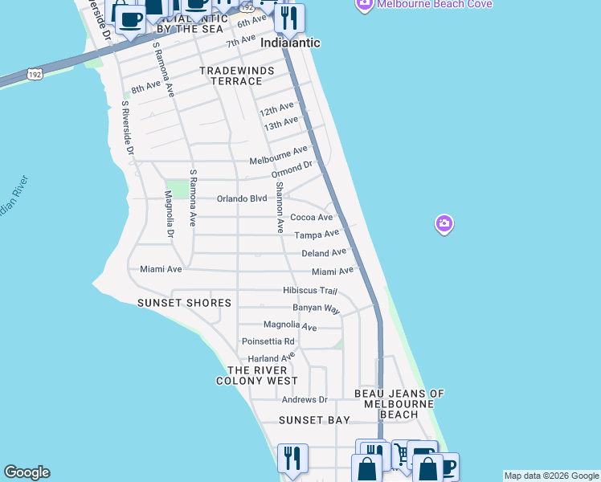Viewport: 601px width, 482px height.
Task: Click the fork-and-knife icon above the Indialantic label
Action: click(290, 18)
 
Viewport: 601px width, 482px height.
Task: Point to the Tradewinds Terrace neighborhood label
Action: click(237, 76)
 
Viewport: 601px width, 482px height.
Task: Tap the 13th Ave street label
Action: click(281, 124)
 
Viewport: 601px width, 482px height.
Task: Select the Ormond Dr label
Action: click(291, 170)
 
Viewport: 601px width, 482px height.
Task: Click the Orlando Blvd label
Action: click(242, 198)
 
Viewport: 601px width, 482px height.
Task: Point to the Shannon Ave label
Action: click(280, 207)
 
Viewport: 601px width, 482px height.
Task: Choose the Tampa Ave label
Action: click(317, 235)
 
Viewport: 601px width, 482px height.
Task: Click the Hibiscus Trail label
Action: click(310, 290)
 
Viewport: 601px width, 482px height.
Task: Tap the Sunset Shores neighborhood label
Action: click(184, 303)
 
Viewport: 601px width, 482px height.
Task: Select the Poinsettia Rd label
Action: click(268, 341)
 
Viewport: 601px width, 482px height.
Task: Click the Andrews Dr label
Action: click(305, 399)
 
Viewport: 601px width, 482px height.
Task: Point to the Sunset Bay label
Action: click(314, 420)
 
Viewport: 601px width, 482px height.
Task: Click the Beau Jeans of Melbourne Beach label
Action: click(399, 404)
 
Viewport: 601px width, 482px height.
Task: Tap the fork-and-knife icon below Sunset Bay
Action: click(292, 458)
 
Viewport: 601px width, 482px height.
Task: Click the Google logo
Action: click(27, 472)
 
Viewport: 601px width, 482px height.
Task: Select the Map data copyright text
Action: click(551, 476)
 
